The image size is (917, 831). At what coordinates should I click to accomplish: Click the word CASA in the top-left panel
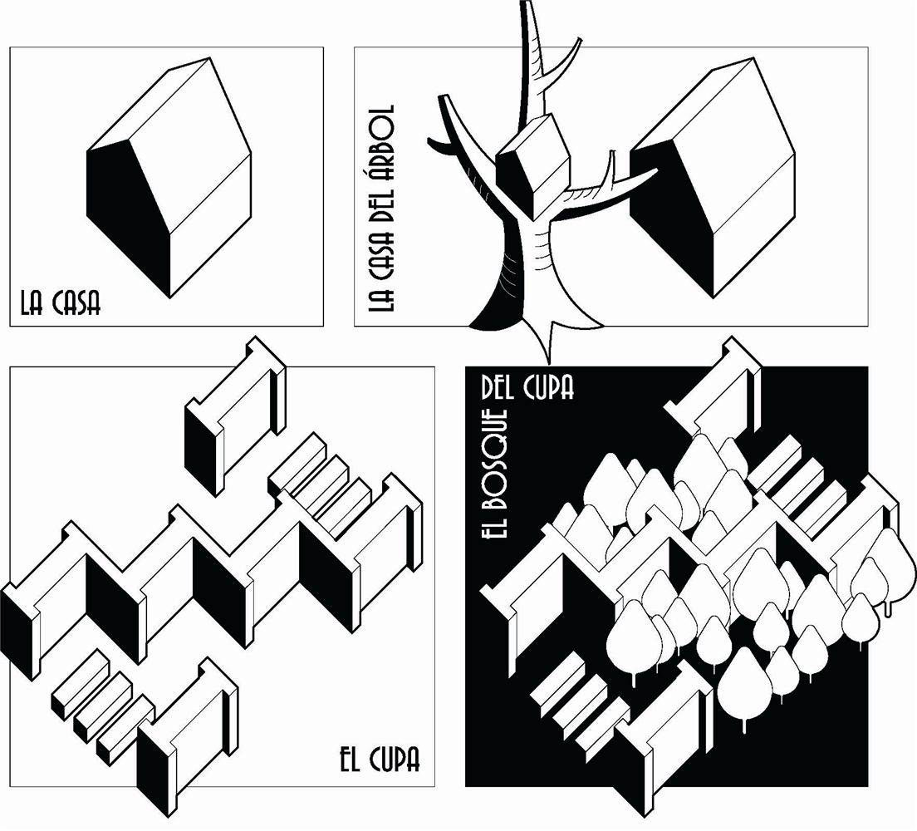click(76, 303)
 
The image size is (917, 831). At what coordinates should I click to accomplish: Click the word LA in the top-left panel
click(32, 303)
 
